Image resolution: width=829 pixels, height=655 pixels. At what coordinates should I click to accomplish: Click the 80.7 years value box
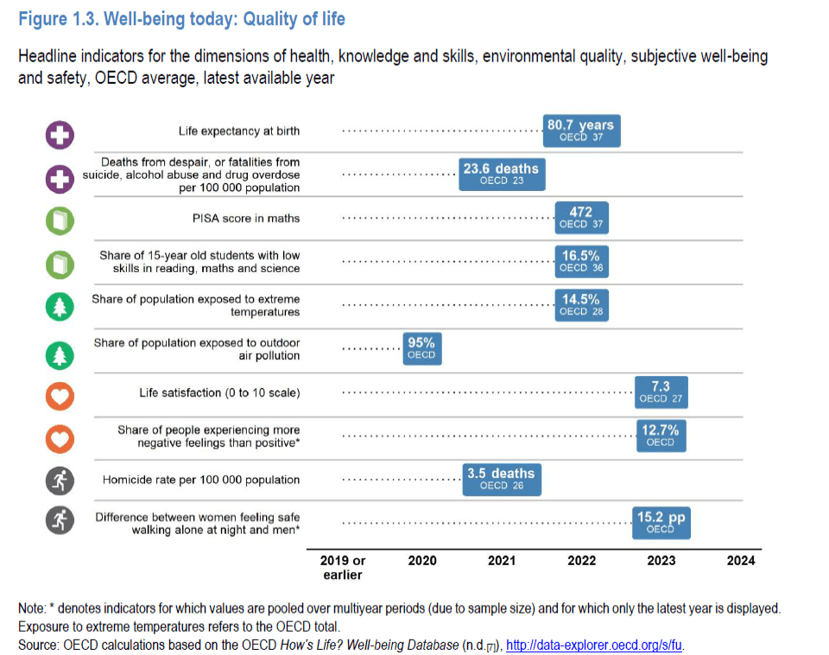coord(580,130)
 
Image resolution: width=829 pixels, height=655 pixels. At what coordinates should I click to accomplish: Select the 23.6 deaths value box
coord(501,174)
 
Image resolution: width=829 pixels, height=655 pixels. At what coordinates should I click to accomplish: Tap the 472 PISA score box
coord(580,218)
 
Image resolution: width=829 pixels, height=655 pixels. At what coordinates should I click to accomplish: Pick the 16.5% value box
coord(580,261)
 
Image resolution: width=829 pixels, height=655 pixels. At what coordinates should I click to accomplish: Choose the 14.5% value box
coord(580,305)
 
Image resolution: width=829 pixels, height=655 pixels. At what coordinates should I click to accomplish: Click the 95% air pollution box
coord(421,348)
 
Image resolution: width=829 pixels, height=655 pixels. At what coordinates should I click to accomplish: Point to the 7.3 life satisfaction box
coord(661,392)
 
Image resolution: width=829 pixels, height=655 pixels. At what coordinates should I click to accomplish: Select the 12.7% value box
coord(661,436)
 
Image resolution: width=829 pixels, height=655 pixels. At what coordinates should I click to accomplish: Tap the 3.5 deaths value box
coord(501,479)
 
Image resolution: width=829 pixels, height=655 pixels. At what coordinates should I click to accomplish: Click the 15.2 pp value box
coord(661,523)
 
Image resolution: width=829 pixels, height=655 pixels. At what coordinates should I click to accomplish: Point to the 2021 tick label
coord(502,561)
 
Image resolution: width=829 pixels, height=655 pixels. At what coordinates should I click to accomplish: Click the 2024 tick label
coord(741,561)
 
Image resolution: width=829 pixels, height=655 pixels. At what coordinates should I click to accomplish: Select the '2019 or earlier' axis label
coord(343,567)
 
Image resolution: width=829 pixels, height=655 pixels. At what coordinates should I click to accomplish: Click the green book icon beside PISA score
coord(60,220)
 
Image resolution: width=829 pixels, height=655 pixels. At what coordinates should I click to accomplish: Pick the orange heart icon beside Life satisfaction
coord(60,395)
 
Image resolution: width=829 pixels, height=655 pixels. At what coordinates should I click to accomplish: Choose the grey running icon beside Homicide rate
coord(60,481)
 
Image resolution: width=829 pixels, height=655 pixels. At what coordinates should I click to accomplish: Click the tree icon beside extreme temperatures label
coord(60,308)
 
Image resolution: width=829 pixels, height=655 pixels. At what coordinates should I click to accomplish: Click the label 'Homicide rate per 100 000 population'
coord(201,480)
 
